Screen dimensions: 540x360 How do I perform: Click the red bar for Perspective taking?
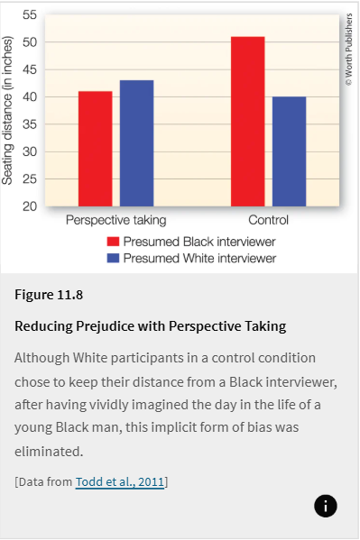click(x=95, y=149)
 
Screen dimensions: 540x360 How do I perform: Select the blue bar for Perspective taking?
click(x=136, y=143)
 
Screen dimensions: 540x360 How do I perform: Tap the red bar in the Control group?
click(x=247, y=122)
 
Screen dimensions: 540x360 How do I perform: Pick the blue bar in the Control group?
click(x=289, y=151)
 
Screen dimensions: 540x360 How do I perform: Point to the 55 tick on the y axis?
click(x=29, y=15)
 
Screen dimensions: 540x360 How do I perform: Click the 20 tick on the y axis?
click(x=29, y=206)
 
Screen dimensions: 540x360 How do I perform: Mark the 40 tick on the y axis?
click(x=29, y=97)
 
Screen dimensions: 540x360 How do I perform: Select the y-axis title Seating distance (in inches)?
click(x=8, y=111)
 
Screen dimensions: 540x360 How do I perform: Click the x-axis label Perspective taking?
click(x=115, y=221)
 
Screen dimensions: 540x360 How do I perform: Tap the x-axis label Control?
click(x=268, y=221)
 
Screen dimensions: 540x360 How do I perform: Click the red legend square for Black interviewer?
click(x=113, y=243)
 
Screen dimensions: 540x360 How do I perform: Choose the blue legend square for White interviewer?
click(x=113, y=259)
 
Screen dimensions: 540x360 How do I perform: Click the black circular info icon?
click(x=326, y=506)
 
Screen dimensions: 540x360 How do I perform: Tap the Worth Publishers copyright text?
click(x=348, y=50)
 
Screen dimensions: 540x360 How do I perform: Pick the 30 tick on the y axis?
click(x=29, y=151)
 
